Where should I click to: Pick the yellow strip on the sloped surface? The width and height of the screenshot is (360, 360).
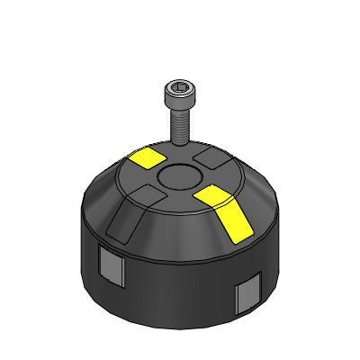click(x=232, y=221)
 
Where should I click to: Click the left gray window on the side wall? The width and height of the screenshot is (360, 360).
click(x=110, y=267)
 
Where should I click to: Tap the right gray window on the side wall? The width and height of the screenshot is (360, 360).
click(x=245, y=296)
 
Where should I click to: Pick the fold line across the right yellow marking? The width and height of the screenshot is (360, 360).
click(x=220, y=203)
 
